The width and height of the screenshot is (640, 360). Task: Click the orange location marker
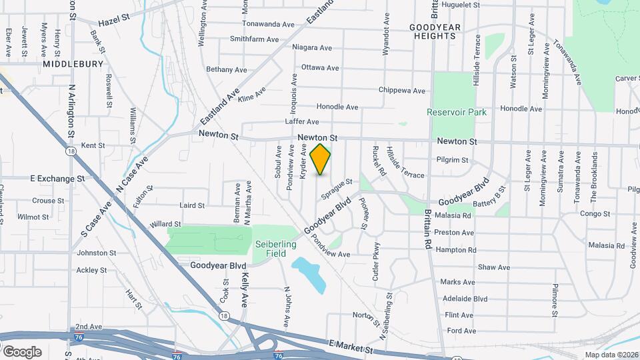pos(321,159)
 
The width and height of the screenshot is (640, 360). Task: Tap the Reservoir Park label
pos(457,112)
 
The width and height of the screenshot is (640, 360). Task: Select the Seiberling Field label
pos(275,249)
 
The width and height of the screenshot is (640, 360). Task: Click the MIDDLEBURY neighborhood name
pos(73,64)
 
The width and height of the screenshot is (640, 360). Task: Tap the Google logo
pos(22,351)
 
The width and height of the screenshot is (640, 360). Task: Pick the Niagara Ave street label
pos(312,47)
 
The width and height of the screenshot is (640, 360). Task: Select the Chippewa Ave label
pos(401,91)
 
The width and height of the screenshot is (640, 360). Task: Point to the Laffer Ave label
pos(302,122)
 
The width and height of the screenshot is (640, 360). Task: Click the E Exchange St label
pos(58,179)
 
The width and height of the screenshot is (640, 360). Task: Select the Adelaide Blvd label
pos(465,299)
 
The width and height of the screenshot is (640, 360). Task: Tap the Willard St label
pos(166,224)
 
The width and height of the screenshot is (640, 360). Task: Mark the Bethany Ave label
pos(227,69)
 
